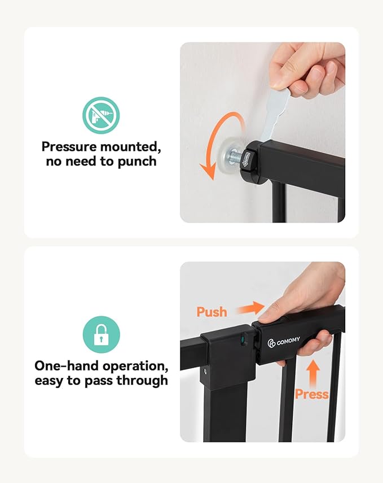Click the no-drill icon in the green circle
pos(101,115)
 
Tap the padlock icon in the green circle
pos(101,334)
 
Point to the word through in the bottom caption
pos(142,380)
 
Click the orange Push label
pos(212,312)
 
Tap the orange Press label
pos(312,393)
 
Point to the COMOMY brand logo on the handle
pos(284,341)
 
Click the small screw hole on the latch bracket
pos(206,371)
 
